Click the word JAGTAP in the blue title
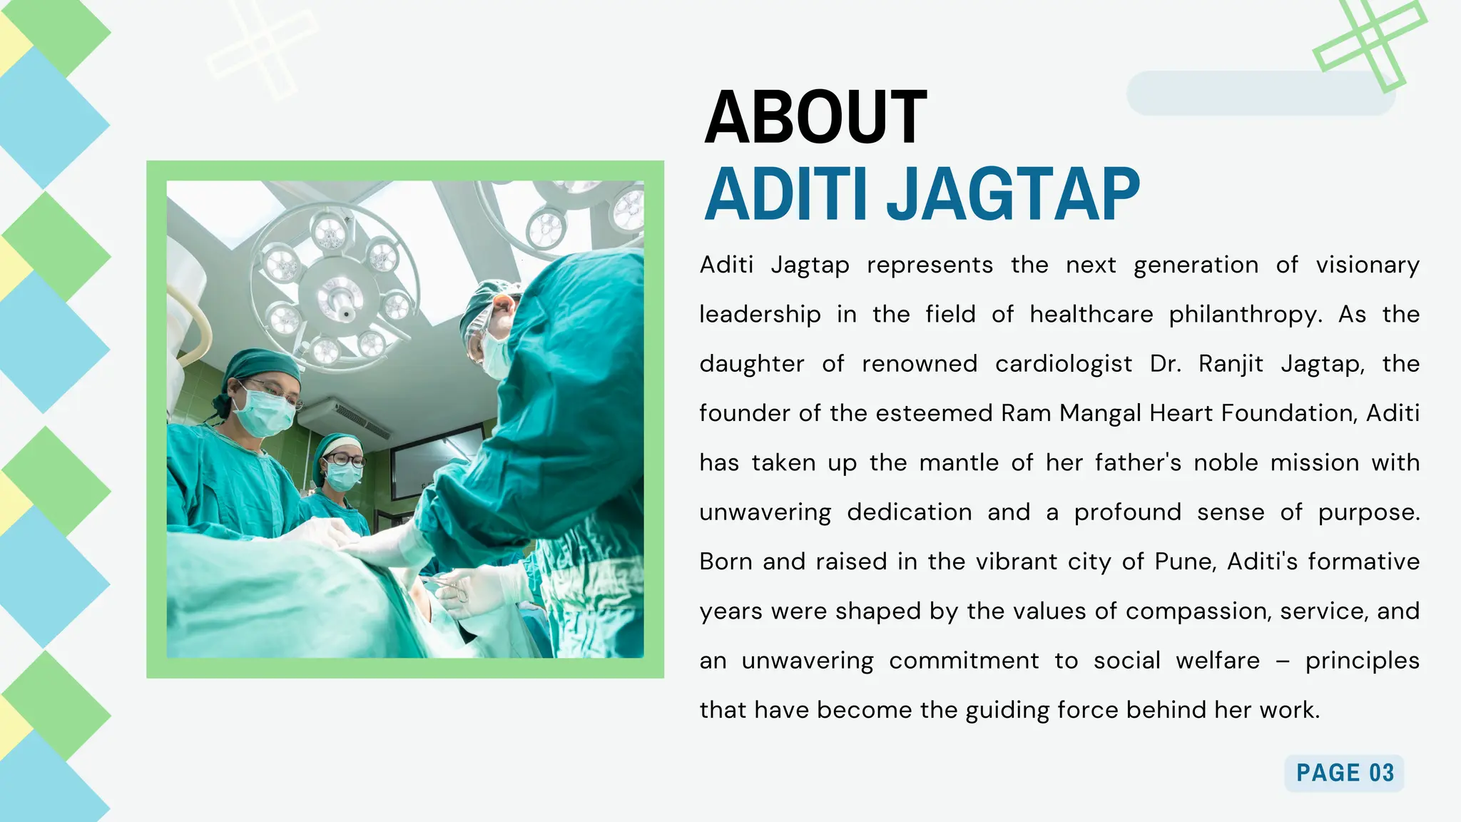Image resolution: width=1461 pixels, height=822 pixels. (x=1013, y=195)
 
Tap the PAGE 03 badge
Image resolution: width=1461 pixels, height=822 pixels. (x=1344, y=773)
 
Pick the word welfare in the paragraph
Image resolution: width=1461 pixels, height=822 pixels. (x=1218, y=661)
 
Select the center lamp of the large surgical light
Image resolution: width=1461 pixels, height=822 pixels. (x=340, y=296)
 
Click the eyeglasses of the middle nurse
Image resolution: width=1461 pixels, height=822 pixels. (x=346, y=460)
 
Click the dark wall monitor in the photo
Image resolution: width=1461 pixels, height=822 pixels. (x=436, y=460)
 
